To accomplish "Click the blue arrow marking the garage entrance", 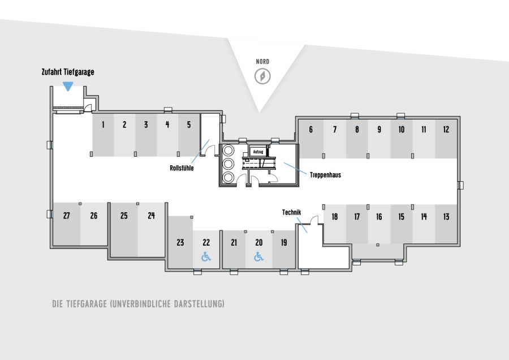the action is (x=68, y=87).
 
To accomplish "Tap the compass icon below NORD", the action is (x=262, y=76).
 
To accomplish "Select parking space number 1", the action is (x=103, y=135).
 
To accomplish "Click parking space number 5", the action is (x=189, y=135).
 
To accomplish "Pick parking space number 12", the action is (x=446, y=139).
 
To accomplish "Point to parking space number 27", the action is (x=67, y=224).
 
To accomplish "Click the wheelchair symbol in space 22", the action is (x=206, y=257).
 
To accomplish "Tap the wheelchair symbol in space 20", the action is (x=258, y=257).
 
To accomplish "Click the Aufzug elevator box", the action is (x=258, y=152).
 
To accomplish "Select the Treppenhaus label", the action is (x=325, y=175).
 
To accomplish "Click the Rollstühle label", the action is (x=182, y=168).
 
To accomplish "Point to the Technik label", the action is (x=291, y=212).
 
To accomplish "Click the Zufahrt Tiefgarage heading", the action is (x=68, y=72).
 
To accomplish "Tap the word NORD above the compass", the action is (x=262, y=61).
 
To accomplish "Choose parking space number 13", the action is (x=446, y=224).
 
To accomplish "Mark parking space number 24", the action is (x=151, y=230).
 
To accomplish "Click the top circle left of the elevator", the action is (x=228, y=151).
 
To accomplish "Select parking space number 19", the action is (x=284, y=250).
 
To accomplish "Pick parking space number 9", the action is (x=379, y=139).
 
